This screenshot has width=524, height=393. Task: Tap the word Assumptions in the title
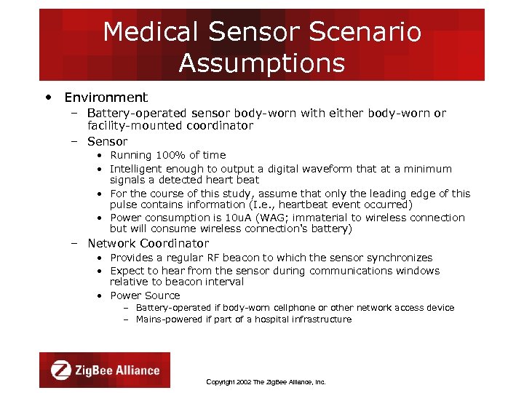(261, 63)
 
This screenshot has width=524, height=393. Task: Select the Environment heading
(106, 98)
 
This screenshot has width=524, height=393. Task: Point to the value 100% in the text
(167, 155)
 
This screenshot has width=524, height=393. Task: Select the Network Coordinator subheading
(148, 244)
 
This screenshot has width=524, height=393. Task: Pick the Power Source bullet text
(145, 295)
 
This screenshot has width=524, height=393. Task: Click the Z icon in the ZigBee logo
(61, 370)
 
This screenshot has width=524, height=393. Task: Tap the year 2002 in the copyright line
(241, 382)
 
